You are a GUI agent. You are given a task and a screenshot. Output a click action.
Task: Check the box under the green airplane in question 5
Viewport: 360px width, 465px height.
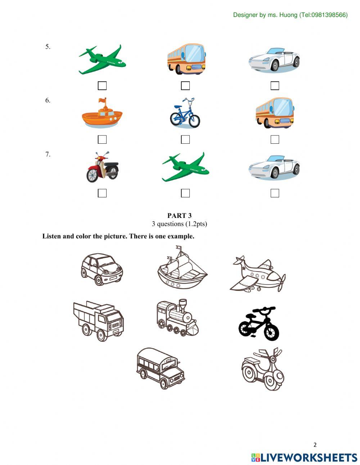102,86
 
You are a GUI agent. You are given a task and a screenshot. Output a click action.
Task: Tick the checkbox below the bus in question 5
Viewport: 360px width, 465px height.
185,86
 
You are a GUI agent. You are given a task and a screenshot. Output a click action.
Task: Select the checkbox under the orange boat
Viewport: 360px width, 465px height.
102,139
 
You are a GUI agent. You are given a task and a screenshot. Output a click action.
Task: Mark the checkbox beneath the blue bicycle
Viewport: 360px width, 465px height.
185,139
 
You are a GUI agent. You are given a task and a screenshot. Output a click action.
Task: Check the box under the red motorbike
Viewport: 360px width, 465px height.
102,193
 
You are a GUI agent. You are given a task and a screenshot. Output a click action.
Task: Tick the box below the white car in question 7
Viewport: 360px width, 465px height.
275,193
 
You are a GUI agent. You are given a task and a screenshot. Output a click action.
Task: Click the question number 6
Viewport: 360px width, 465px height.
48,100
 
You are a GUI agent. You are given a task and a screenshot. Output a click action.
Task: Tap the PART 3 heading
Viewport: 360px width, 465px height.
179,216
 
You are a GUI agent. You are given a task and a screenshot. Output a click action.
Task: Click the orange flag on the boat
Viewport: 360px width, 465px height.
104,100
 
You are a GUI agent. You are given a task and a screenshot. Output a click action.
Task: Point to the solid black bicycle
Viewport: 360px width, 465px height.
258,323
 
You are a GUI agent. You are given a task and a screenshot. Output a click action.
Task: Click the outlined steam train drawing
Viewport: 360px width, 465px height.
176,318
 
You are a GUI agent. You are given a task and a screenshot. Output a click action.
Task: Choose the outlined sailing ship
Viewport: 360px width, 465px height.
182,268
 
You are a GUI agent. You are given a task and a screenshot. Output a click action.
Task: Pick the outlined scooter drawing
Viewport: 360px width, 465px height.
263,369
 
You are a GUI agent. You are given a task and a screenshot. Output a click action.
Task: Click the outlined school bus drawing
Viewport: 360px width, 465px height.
161,368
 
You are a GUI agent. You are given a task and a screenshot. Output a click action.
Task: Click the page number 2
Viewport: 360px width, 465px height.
315,445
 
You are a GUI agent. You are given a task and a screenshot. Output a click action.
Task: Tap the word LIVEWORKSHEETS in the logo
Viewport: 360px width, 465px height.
309,457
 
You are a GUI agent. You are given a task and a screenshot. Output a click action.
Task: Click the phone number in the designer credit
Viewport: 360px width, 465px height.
328,15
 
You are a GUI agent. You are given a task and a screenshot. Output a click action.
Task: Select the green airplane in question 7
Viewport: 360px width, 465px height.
185,167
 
